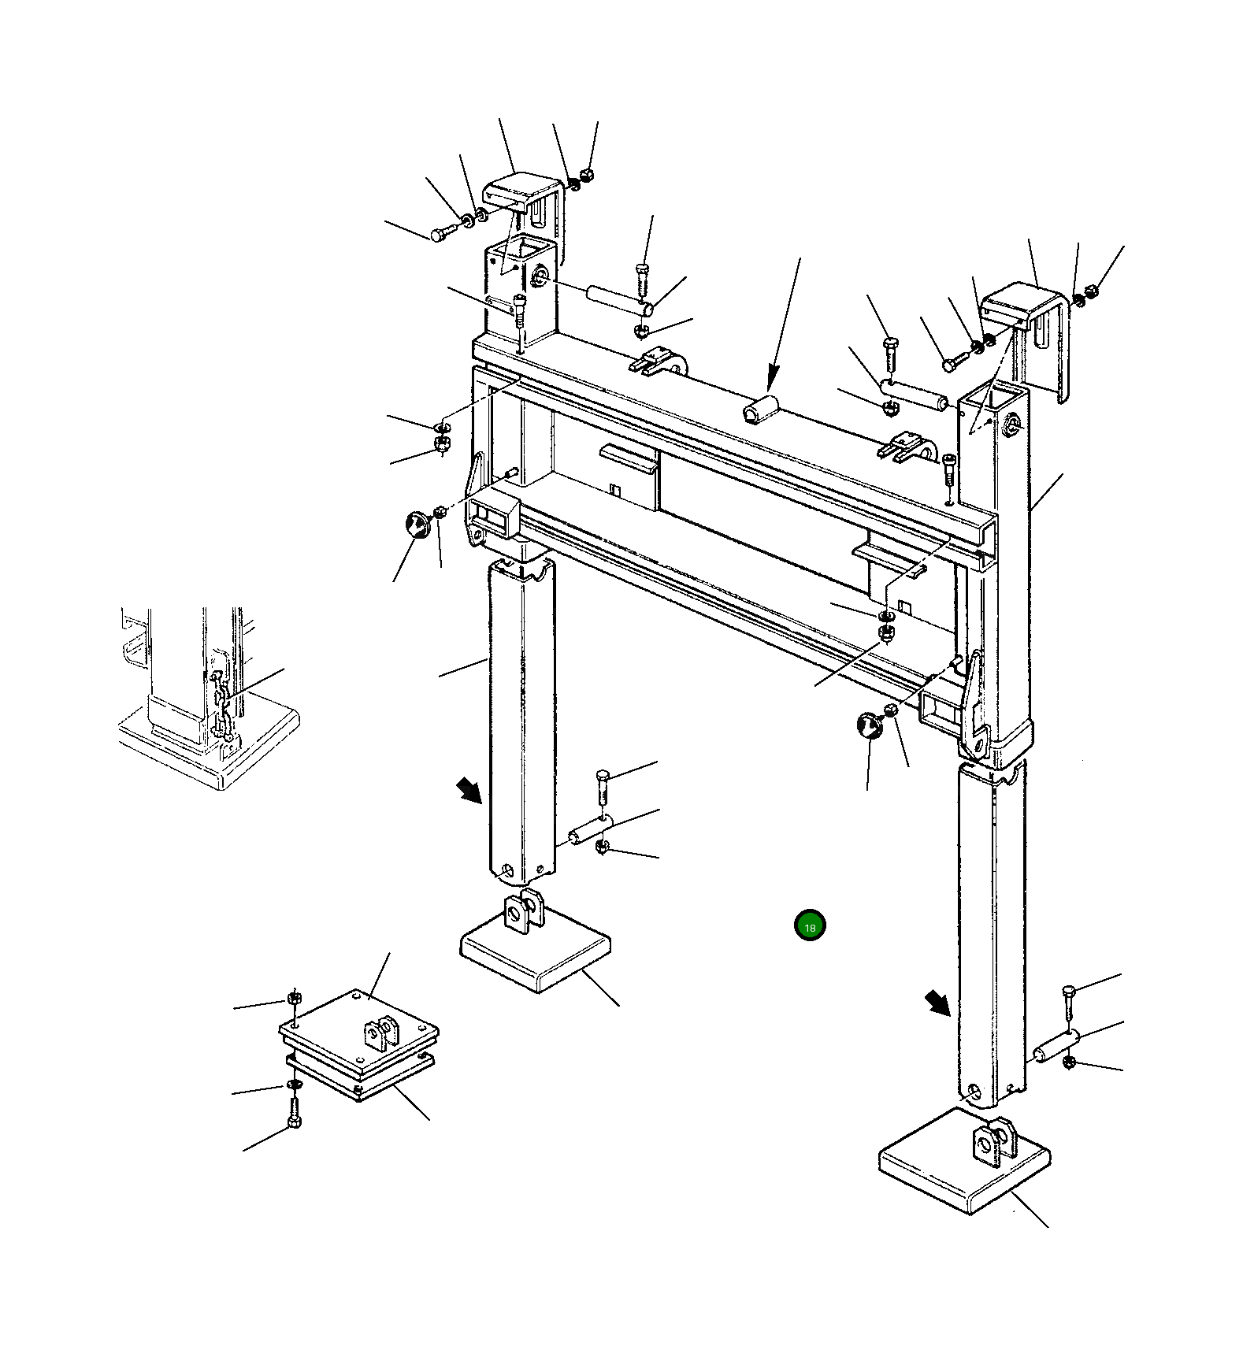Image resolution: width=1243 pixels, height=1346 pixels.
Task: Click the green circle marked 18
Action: pyautogui.click(x=810, y=925)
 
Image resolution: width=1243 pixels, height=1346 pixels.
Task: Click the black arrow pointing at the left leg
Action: pyautogui.click(x=469, y=790)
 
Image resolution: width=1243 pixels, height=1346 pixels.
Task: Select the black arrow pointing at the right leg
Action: pyautogui.click(x=937, y=1004)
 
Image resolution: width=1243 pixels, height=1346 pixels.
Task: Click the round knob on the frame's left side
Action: pyautogui.click(x=417, y=523)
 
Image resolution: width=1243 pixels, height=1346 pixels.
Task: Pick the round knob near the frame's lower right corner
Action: pyautogui.click(x=870, y=725)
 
